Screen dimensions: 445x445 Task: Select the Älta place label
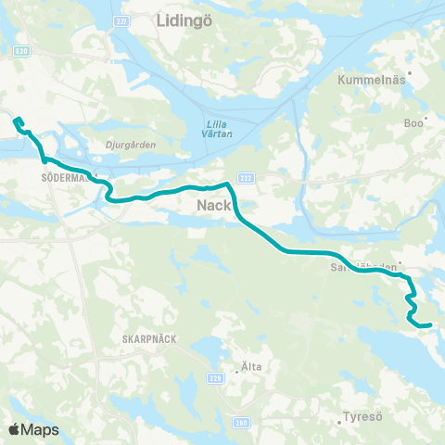pos(249,367)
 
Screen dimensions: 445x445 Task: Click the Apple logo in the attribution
pos(14,429)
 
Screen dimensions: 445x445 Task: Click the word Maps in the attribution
pos(42,429)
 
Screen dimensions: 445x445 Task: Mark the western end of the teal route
pos(15,119)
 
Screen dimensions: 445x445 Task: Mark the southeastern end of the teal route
pos(429,325)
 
